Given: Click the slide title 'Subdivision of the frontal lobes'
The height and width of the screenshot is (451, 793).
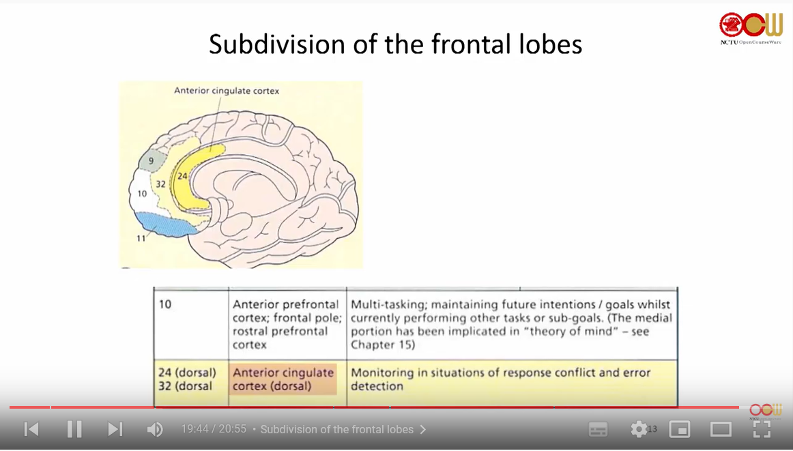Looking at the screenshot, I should [395, 44].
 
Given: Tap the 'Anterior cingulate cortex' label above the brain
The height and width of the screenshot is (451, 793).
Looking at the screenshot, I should [227, 91].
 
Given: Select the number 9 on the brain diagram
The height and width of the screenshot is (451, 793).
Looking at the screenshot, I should [151, 161].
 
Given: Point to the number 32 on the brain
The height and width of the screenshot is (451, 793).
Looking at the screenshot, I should [160, 184].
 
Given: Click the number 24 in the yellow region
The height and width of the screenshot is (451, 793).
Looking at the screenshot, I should [182, 176].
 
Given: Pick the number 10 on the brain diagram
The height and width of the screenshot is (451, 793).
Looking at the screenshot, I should [142, 194].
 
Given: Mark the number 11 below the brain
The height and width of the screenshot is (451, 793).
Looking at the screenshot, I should [141, 238].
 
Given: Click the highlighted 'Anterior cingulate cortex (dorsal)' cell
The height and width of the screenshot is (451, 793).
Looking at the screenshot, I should [283, 379].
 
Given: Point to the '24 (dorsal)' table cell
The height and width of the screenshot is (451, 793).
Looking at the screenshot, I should [187, 373].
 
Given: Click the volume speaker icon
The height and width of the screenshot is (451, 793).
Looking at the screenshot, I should [155, 429].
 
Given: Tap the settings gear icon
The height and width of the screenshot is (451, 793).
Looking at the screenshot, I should [639, 429].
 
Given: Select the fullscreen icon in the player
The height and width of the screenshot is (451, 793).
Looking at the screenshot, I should [762, 429].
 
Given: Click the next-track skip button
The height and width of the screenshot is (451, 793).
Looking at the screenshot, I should [115, 429].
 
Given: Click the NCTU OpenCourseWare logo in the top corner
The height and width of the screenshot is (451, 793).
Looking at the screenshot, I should [751, 28].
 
